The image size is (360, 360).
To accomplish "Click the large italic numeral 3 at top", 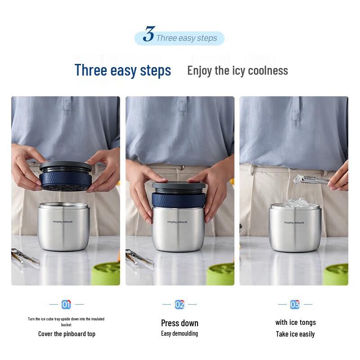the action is (x=149, y=34).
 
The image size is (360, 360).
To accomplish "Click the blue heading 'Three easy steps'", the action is (x=123, y=70).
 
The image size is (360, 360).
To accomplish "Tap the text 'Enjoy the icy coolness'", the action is (x=238, y=71).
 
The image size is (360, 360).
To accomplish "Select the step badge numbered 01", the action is (x=66, y=305).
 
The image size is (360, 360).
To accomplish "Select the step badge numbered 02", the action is (x=180, y=305).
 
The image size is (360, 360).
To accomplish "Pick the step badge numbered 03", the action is (x=295, y=305).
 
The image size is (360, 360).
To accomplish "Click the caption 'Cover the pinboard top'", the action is (x=67, y=334).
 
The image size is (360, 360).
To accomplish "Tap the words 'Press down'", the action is (x=180, y=323).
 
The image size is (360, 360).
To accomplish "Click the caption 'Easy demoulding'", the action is (x=180, y=333).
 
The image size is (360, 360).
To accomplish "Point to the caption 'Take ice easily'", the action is (x=295, y=334).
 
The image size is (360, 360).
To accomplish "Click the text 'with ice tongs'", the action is (x=296, y=322).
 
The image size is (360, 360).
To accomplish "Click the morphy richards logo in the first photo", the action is (x=63, y=222).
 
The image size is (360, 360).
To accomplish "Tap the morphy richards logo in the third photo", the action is (x=294, y=222).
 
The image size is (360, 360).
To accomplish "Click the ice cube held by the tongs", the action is (x=299, y=180).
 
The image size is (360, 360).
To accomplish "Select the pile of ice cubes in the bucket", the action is (x=295, y=203).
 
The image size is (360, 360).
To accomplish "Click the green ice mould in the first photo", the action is (x=106, y=274).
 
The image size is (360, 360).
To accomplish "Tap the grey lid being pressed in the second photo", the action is (x=179, y=185).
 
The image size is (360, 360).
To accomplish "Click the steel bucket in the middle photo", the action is (x=179, y=229).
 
